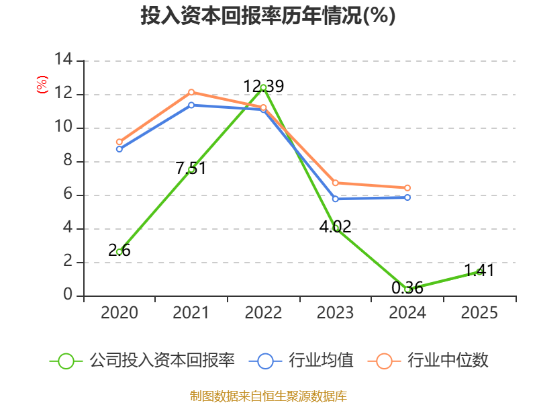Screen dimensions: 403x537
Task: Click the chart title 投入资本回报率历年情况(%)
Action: pos(268,16)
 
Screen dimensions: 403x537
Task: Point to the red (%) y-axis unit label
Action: pos(42,85)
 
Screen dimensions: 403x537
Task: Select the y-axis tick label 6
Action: pos(68,195)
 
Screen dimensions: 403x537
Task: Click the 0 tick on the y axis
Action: pos(68,296)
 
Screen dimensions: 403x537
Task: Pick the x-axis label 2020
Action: pos(119,313)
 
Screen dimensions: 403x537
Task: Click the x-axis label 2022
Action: pos(263,313)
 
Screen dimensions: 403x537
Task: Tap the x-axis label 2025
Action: pos(479,313)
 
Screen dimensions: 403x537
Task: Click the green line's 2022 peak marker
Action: pos(263,87)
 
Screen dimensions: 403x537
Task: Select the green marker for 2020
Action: pos(119,252)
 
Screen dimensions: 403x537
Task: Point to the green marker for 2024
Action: pos(407,289)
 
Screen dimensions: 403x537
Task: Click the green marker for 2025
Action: pos(479,271)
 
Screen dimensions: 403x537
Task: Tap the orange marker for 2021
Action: pos(191,92)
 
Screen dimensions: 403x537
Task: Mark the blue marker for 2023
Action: pos(335,199)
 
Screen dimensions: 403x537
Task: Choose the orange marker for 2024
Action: pos(407,188)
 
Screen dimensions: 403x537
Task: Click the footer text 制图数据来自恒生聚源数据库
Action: pos(268,396)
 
